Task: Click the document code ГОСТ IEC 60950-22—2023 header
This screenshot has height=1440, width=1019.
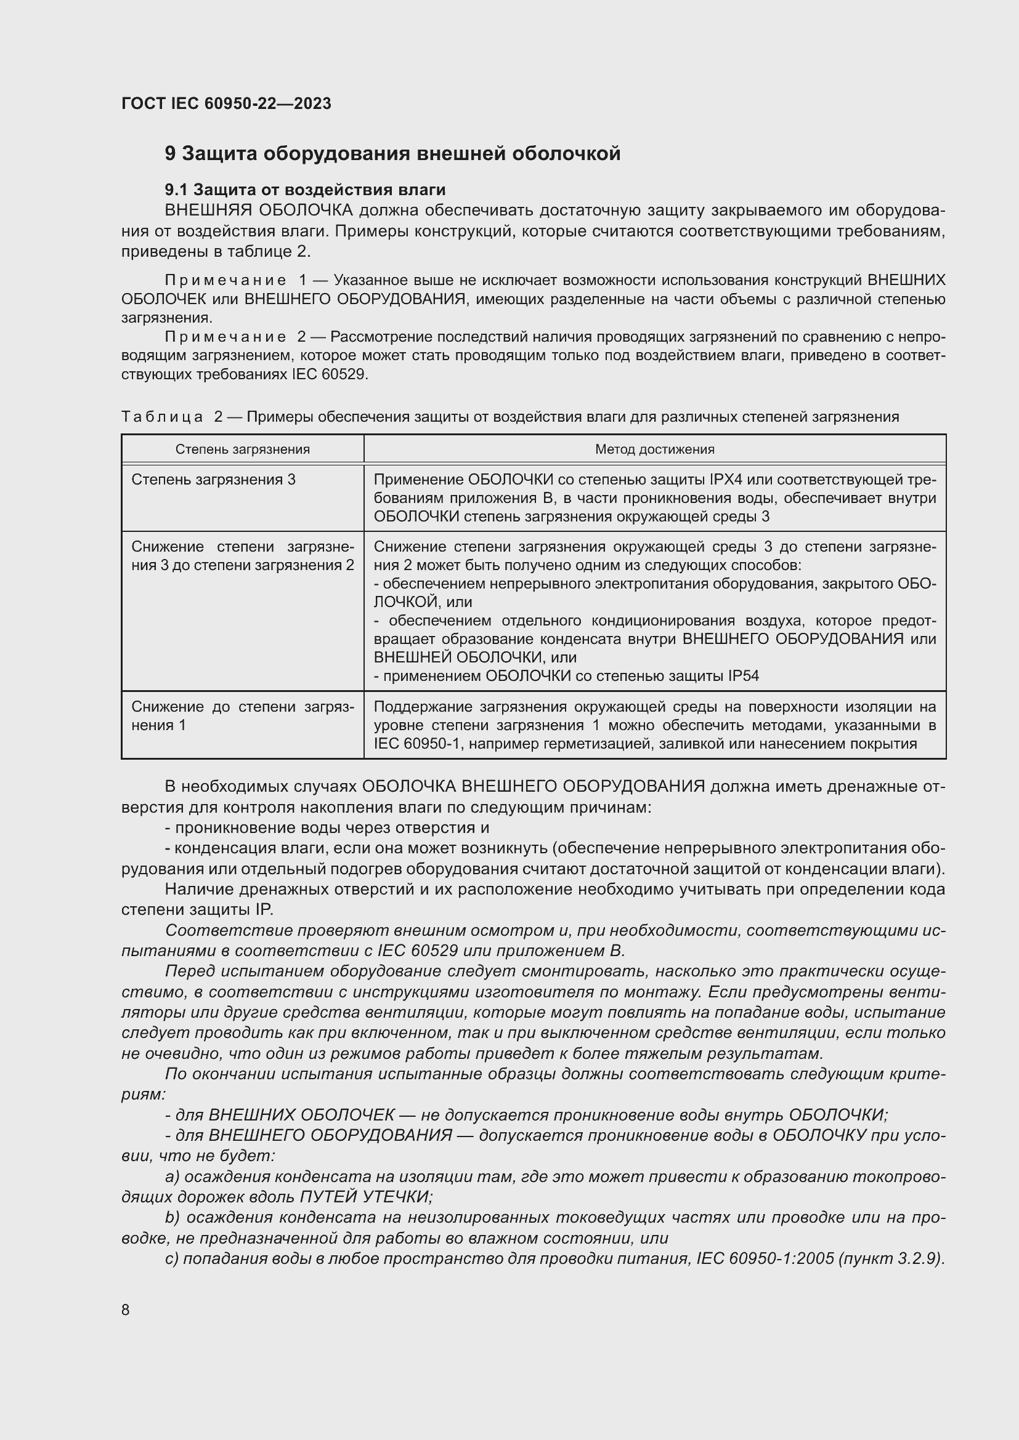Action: tap(226, 103)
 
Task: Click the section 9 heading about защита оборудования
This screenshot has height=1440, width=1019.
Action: tap(392, 154)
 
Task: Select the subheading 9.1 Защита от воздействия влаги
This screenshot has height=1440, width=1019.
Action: tap(305, 190)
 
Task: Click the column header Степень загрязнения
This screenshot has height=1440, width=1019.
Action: tap(242, 449)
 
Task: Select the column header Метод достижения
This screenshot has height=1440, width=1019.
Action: tap(654, 449)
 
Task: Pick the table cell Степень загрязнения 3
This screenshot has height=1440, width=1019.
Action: tap(213, 480)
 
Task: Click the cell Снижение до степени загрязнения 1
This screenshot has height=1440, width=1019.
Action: tap(242, 715)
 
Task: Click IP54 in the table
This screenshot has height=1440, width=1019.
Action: tap(744, 676)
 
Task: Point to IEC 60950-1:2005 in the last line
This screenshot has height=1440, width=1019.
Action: tap(763, 1259)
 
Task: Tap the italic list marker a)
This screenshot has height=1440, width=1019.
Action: tap(173, 1177)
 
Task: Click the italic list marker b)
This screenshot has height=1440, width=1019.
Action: tap(173, 1217)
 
